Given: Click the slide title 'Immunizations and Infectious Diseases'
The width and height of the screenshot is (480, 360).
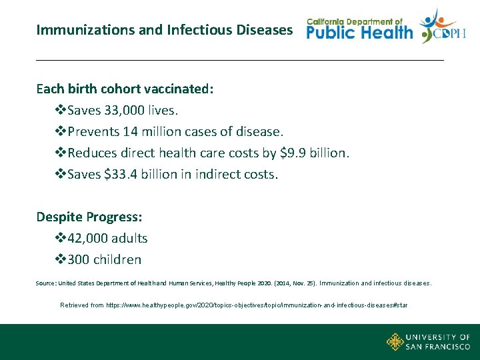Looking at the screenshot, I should click(164, 30).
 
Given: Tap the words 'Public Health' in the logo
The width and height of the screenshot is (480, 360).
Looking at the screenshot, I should click(359, 33).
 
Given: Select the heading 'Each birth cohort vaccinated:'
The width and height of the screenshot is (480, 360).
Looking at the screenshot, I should click(125, 89).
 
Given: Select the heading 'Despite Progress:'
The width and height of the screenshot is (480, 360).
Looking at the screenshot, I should click(89, 217).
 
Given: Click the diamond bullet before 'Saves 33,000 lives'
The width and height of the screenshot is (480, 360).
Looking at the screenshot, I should click(59, 110).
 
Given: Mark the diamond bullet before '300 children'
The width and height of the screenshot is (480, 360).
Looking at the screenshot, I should click(59, 259).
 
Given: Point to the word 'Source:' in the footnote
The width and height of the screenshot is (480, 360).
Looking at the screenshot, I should click(46, 283).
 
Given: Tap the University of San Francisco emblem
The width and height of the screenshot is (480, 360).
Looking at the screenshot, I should click(395, 342).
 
